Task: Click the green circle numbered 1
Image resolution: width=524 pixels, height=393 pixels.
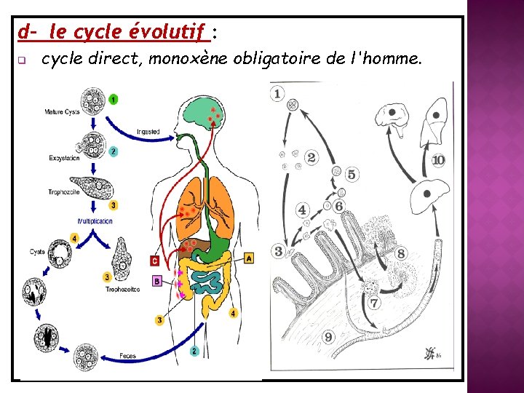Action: (114, 98)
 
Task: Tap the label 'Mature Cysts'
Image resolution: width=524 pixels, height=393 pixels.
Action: (62, 112)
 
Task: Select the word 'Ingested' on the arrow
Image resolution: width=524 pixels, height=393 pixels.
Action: (148, 132)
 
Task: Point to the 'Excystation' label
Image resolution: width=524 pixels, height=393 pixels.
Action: (65, 158)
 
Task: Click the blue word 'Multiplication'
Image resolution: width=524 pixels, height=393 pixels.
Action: (95, 221)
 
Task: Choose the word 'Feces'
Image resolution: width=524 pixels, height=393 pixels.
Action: (127, 356)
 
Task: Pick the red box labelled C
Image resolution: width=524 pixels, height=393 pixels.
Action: (154, 260)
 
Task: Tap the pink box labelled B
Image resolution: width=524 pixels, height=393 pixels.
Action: (156, 280)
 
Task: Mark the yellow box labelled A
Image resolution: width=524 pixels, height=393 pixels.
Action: (250, 258)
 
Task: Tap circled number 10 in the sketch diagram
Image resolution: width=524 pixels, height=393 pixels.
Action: (438, 160)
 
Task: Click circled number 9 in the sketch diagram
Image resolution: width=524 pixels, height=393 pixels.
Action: (328, 336)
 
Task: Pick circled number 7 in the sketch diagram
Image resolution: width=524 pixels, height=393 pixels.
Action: (374, 302)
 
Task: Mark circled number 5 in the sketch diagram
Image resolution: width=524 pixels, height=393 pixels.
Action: (352, 175)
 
